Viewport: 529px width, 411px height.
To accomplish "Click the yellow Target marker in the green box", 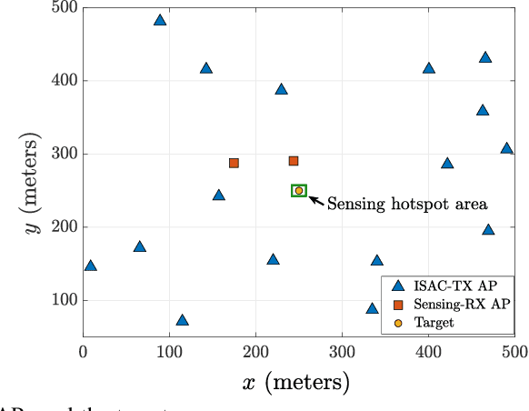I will click(x=299, y=191).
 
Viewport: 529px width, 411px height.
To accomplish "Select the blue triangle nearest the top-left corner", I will click(x=160, y=20).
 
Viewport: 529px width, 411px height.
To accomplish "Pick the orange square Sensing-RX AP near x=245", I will click(x=294, y=161).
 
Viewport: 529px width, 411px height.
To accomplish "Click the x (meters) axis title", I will click(x=296, y=384).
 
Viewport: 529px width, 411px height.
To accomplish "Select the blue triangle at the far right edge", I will click(x=506, y=148).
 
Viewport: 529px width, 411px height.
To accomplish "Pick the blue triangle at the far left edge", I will click(x=90, y=266).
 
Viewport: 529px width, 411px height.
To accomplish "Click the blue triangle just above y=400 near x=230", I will click(x=281, y=89).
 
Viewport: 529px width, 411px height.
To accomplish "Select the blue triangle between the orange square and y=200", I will click(x=218, y=195).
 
